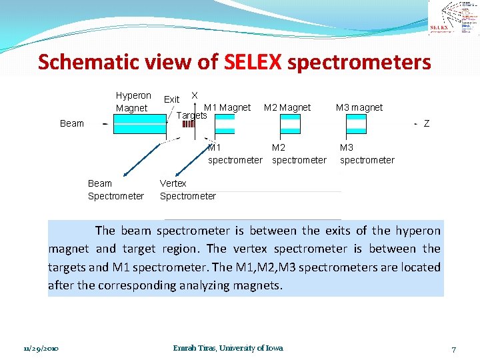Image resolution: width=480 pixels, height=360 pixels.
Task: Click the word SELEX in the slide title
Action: pos(253,63)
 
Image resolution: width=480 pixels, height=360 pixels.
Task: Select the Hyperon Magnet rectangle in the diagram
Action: pos(139,124)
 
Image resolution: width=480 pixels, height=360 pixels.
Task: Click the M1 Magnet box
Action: pos(225,124)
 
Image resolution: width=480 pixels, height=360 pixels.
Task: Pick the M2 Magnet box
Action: pos(290,124)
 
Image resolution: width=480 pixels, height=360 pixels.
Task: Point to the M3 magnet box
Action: pos(356,124)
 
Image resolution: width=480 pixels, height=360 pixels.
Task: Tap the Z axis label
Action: pos(427,123)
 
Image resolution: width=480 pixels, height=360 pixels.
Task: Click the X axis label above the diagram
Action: pos(194,95)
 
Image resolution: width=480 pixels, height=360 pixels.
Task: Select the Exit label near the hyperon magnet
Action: pos(171,99)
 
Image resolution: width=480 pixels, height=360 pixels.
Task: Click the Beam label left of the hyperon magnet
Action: pos(72,123)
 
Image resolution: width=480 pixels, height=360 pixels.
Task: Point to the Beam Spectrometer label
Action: pos(115,189)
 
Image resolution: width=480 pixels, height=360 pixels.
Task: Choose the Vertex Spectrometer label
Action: pos(187,189)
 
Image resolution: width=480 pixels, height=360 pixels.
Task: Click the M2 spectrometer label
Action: pos(299,154)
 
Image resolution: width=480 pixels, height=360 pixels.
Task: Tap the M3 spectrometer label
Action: pos(367,154)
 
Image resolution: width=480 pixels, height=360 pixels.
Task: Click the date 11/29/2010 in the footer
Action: pos(41,348)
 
